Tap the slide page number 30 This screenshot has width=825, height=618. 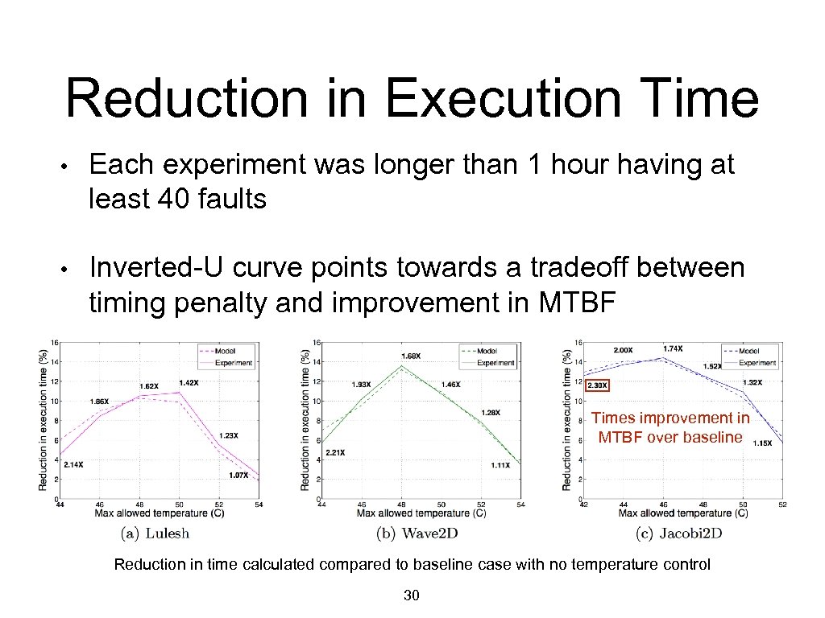coord(412,595)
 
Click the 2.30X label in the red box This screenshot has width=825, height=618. coord(598,385)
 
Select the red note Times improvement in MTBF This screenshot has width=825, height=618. coord(670,427)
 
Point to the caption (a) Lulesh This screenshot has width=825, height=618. coord(155,533)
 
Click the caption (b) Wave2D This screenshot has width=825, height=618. coord(417,533)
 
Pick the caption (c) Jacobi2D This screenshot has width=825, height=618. coord(678,533)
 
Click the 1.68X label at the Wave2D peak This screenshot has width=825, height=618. coord(411,356)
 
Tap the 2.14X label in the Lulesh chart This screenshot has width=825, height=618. coord(73,464)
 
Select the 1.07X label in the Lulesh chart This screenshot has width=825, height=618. coord(238,475)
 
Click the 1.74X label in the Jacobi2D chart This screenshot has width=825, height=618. coord(673,348)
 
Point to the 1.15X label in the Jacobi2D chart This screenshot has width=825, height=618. coord(762,443)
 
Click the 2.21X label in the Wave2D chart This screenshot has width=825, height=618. coord(335,452)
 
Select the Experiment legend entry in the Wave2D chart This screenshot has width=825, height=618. coord(495,363)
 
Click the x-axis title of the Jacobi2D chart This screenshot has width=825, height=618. coord(682,513)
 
